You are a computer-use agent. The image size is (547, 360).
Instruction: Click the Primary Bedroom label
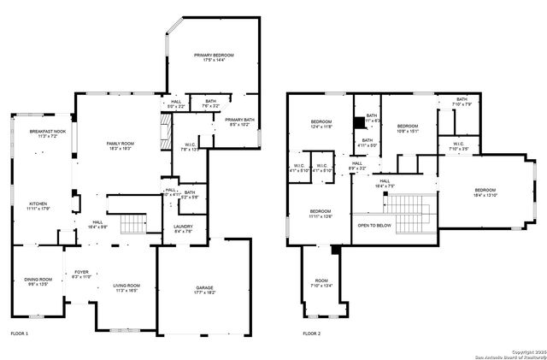(213, 57)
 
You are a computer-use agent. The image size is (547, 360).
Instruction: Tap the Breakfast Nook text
(42, 133)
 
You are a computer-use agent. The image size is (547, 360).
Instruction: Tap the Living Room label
(126, 288)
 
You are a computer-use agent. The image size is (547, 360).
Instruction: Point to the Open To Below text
(374, 226)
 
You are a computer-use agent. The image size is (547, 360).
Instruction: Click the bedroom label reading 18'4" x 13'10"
(485, 192)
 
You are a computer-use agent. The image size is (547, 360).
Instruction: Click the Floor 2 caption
(314, 333)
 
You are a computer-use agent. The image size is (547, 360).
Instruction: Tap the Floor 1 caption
(19, 333)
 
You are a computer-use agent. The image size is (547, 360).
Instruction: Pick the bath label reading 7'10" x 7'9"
(462, 103)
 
